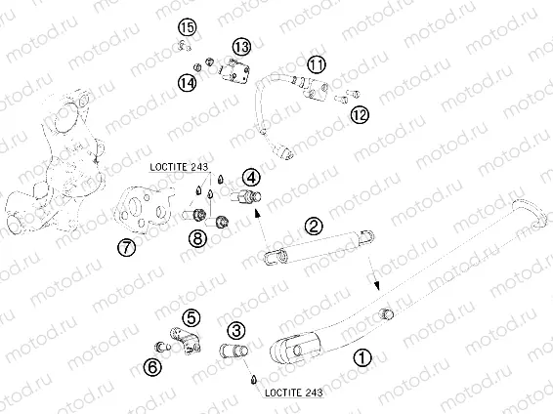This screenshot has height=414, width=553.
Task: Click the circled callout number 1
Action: point(362,358)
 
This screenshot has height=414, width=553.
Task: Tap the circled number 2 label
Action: point(314,227)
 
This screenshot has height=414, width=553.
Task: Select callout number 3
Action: point(235,330)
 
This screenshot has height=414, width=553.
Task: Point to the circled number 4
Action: point(251,178)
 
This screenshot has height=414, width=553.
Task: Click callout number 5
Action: point(191,318)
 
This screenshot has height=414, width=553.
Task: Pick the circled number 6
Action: point(152,367)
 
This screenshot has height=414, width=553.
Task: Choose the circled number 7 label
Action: point(126,247)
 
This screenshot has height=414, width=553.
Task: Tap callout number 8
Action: point(197,238)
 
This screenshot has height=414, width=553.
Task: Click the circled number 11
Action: point(317,64)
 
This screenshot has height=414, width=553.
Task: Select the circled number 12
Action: point(360,114)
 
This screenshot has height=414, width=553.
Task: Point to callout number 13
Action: point(241,47)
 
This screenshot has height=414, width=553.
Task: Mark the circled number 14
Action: point(187,83)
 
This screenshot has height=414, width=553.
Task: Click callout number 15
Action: point(188,27)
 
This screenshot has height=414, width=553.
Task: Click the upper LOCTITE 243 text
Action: point(179,167)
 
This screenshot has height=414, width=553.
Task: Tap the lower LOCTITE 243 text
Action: point(294,393)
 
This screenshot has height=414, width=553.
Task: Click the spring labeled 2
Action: point(319,247)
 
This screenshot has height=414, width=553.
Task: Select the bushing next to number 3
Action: point(234,352)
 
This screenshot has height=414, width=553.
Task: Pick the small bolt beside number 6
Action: point(162,347)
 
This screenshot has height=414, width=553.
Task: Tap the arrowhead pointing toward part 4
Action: point(257,212)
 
